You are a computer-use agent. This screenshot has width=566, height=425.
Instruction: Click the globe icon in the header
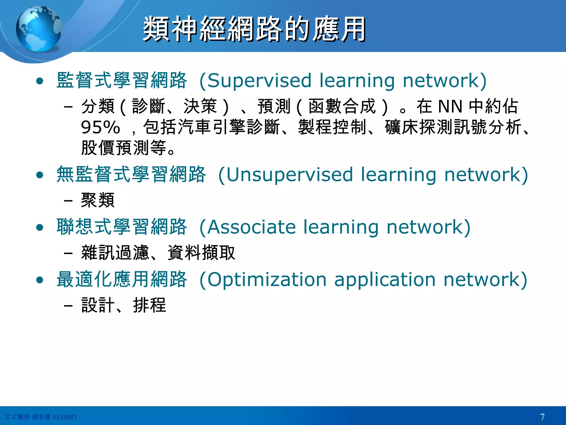click(x=39, y=29)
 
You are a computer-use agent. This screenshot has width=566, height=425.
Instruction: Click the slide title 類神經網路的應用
click(x=254, y=29)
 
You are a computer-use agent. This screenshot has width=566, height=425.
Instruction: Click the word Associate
click(x=251, y=227)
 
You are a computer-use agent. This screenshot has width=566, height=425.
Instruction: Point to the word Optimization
click(x=267, y=279)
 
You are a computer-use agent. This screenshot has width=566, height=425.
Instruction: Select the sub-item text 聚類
click(x=98, y=200)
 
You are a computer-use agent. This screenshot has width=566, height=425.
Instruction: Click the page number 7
click(x=542, y=417)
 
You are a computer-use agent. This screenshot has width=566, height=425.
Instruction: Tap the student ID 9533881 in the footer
click(x=64, y=417)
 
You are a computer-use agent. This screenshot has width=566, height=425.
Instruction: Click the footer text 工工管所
click(x=17, y=417)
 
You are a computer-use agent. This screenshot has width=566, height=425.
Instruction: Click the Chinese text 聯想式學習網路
click(x=122, y=227)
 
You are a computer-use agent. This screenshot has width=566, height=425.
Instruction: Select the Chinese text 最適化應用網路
click(x=122, y=279)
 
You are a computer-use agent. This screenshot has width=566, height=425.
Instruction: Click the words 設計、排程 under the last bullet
click(x=124, y=305)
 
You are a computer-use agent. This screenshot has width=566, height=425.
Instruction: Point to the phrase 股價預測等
click(x=124, y=148)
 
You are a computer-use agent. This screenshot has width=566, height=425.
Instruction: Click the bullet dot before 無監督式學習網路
click(x=40, y=175)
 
